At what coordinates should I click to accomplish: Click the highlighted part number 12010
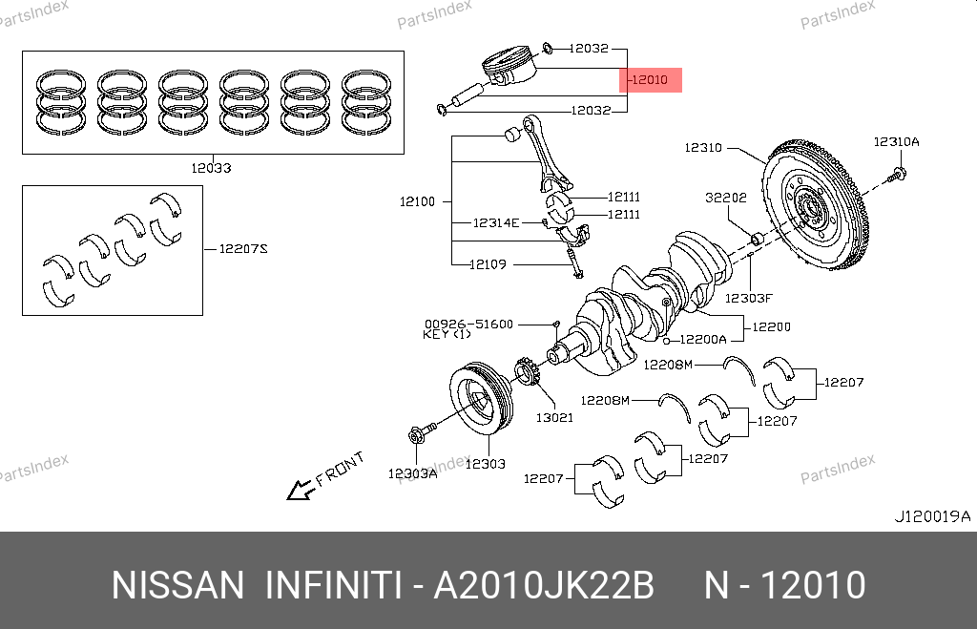[652, 80]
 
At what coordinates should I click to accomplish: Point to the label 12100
[417, 201]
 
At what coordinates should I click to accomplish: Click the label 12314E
[496, 222]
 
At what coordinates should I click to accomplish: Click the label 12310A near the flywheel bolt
[896, 141]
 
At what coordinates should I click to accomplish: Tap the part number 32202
[727, 199]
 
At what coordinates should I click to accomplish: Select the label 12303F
[747, 297]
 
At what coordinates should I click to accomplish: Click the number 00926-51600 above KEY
[469, 325]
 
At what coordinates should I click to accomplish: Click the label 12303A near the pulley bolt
[412, 472]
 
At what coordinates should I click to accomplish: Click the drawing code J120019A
[931, 516]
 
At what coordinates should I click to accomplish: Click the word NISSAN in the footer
[177, 585]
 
